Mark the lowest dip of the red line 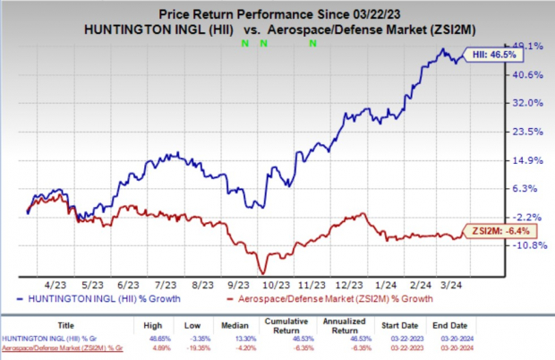click(263, 272)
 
